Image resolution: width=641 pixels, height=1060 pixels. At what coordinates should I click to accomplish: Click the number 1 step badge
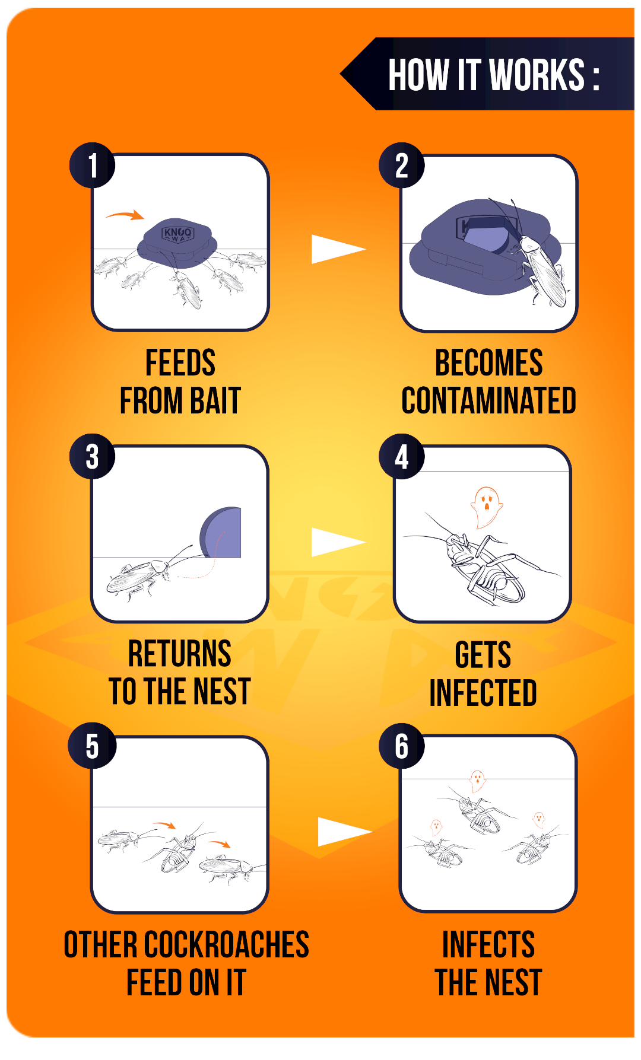click(x=93, y=165)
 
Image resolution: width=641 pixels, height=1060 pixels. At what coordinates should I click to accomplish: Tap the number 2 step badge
click(x=402, y=165)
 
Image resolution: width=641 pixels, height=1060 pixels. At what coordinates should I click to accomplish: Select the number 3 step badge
click(x=93, y=457)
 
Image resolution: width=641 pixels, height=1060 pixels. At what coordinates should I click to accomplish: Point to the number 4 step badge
click(x=402, y=457)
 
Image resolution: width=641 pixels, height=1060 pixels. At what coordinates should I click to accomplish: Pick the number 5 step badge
click(x=92, y=746)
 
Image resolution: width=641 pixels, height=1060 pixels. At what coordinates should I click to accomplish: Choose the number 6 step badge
click(x=402, y=746)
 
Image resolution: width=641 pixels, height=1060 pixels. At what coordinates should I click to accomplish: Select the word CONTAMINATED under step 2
click(x=489, y=401)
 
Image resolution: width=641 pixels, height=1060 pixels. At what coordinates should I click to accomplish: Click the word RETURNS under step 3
click(x=180, y=654)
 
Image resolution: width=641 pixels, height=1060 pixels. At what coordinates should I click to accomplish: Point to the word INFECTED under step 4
click(x=483, y=693)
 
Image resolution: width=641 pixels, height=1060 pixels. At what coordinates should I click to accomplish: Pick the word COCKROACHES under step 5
click(x=227, y=944)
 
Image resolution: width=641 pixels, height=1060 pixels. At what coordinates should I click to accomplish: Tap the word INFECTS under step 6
click(x=488, y=944)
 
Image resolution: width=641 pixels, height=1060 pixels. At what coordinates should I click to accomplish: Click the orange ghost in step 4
click(x=486, y=507)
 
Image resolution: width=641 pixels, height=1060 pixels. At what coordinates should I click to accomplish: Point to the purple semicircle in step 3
click(x=221, y=532)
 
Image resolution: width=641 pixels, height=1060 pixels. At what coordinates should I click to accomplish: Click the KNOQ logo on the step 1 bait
click(x=177, y=234)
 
